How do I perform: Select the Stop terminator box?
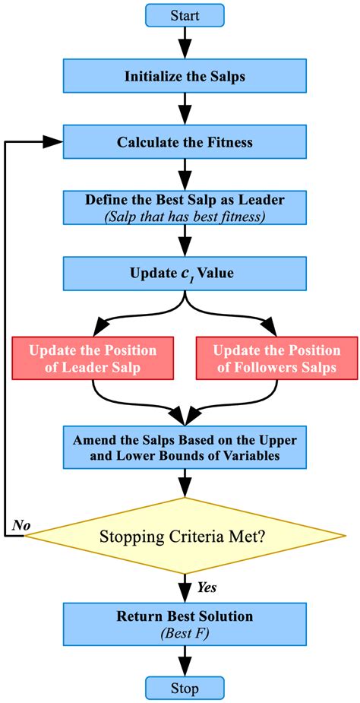(184, 689)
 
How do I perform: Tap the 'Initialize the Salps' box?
(184, 76)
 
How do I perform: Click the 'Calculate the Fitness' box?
(184, 141)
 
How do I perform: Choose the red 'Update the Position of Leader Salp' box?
(93, 359)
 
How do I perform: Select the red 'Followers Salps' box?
(276, 359)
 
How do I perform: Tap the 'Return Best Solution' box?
(184, 623)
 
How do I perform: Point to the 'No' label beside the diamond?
(21, 526)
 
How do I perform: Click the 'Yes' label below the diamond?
(207, 587)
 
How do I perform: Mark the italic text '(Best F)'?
(185, 631)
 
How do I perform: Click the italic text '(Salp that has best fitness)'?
(185, 215)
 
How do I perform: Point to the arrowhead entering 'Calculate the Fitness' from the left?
(53, 141)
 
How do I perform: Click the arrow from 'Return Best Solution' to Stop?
(184, 660)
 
